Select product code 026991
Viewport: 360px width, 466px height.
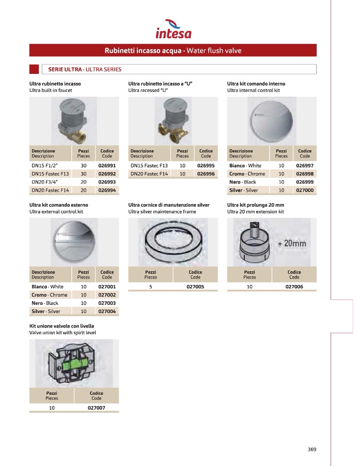click(x=106, y=165)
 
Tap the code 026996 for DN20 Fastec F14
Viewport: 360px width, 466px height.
click(x=206, y=174)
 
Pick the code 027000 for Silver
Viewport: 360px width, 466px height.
click(x=305, y=190)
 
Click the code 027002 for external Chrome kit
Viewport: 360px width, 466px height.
click(x=106, y=294)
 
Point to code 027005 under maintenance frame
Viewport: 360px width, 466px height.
click(x=195, y=286)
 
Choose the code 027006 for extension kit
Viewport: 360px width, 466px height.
click(x=294, y=286)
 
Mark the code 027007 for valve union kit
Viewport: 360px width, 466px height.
click(x=96, y=408)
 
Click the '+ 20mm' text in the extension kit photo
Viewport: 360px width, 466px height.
click(x=291, y=243)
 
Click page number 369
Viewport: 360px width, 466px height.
click(x=311, y=449)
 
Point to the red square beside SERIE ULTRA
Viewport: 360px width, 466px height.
click(x=34, y=69)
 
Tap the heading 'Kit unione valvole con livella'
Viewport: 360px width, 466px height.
click(x=61, y=327)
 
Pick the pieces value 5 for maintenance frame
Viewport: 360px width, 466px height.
click(x=150, y=286)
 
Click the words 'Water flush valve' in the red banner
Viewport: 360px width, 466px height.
click(x=214, y=51)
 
